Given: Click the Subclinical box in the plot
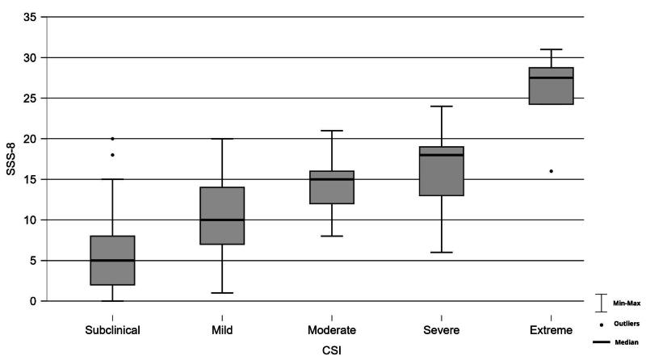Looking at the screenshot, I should (x=112, y=260).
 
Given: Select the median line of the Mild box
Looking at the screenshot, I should (x=222, y=220).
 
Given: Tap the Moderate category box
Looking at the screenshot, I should (x=332, y=187).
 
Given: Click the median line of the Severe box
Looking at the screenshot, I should (x=442, y=155).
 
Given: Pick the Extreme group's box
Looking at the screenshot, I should (x=552, y=86).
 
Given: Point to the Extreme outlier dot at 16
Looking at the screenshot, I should (x=552, y=171).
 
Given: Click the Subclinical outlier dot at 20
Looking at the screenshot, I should (x=112, y=139).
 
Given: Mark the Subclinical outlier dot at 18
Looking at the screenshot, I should (x=112, y=155).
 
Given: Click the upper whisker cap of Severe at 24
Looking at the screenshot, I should (x=442, y=107).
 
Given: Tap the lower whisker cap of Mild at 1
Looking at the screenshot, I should (x=222, y=293).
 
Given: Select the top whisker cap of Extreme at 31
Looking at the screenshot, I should (x=552, y=49).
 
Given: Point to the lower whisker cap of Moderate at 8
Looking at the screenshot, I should (x=332, y=236).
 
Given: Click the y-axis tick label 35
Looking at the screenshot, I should (x=31, y=17).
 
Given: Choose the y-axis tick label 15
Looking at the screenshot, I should (x=31, y=179).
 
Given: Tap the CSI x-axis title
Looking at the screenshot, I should (x=332, y=350).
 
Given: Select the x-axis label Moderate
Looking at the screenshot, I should (x=332, y=330).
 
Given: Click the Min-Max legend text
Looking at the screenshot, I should (x=627, y=303).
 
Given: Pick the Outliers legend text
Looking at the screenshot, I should (x=627, y=324).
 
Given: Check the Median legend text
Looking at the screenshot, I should (x=626, y=343).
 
